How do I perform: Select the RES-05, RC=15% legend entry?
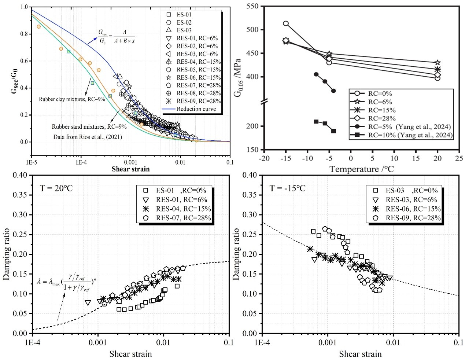[198, 70]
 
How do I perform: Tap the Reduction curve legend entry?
[196, 109]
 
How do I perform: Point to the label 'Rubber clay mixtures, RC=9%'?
[72, 99]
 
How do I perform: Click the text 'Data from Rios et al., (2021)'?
[87, 137]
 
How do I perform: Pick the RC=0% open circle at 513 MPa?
[286, 23]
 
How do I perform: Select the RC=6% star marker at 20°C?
[438, 63]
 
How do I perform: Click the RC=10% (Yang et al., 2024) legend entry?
[410, 135]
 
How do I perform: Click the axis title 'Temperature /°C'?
[361, 169]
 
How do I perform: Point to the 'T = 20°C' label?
[56, 188]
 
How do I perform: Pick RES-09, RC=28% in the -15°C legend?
[413, 218]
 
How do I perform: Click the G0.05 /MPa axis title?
[238, 77]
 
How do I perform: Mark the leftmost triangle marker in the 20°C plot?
[88, 303]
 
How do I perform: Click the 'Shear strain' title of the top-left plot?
[130, 169]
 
